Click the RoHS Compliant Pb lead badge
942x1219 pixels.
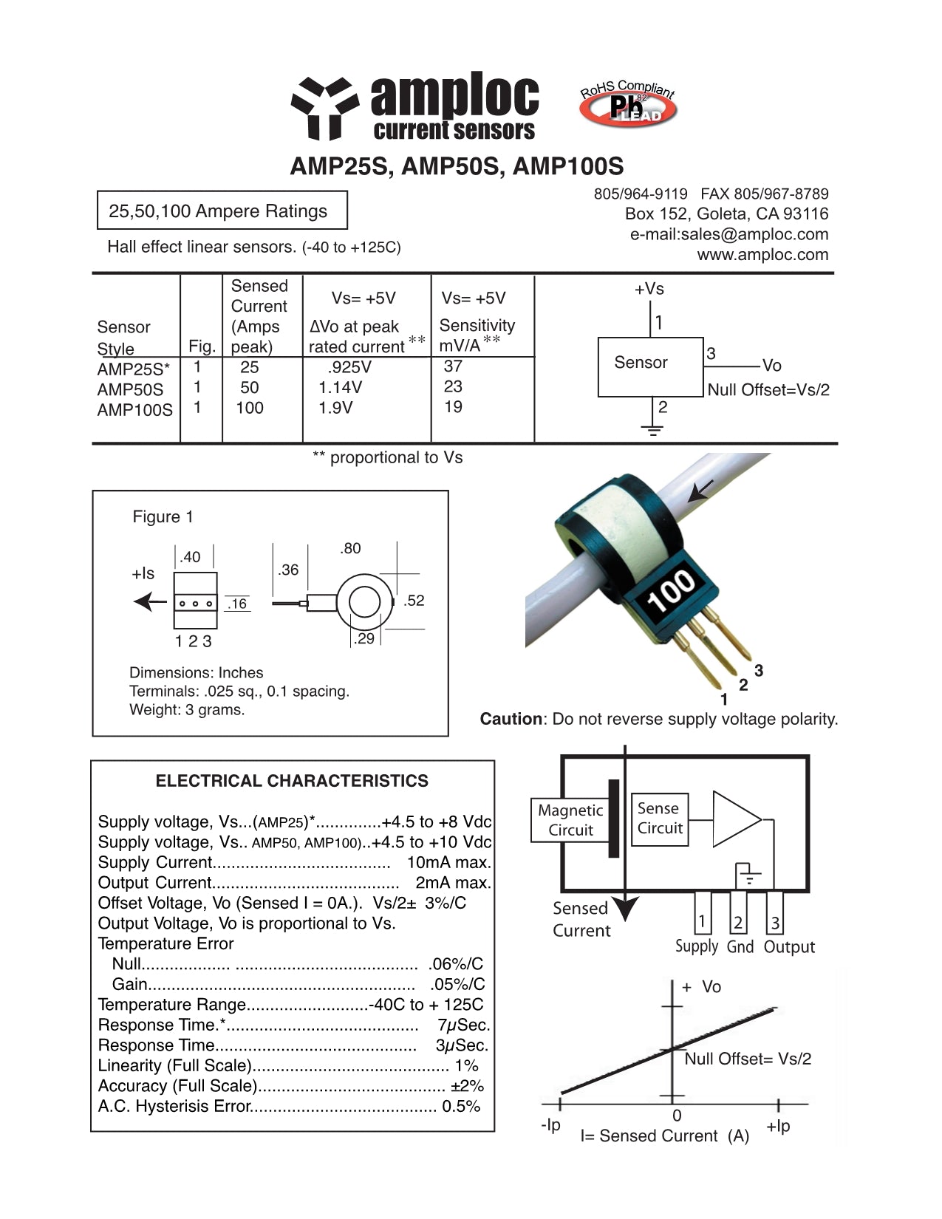[x=628, y=105]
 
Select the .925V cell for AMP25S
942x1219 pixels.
[x=349, y=367]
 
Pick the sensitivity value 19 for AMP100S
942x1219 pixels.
[x=453, y=407]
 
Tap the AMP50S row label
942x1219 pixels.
[x=130, y=389]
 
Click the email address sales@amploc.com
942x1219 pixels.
[x=728, y=234]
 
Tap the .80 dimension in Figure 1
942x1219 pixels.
[x=350, y=548]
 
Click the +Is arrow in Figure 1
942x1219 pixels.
[x=151, y=602]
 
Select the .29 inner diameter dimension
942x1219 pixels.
[x=364, y=638]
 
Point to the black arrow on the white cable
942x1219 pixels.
[x=701, y=490]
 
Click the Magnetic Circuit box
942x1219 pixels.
[x=570, y=820]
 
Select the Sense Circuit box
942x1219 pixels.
[x=659, y=819]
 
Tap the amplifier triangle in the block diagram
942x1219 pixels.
[x=734, y=819]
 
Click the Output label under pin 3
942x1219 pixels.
[x=789, y=947]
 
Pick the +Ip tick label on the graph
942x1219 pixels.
[x=778, y=1126]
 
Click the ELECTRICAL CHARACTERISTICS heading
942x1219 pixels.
[x=292, y=781]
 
